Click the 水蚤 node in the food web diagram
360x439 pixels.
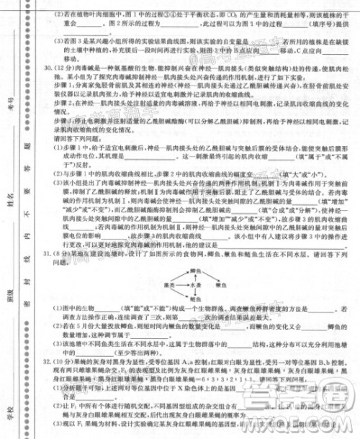tap(195, 285)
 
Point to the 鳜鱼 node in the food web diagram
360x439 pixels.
tap(224, 285)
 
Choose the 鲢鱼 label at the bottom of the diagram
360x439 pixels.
tap(196, 300)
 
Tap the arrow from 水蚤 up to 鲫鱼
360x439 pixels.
tap(195, 277)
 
